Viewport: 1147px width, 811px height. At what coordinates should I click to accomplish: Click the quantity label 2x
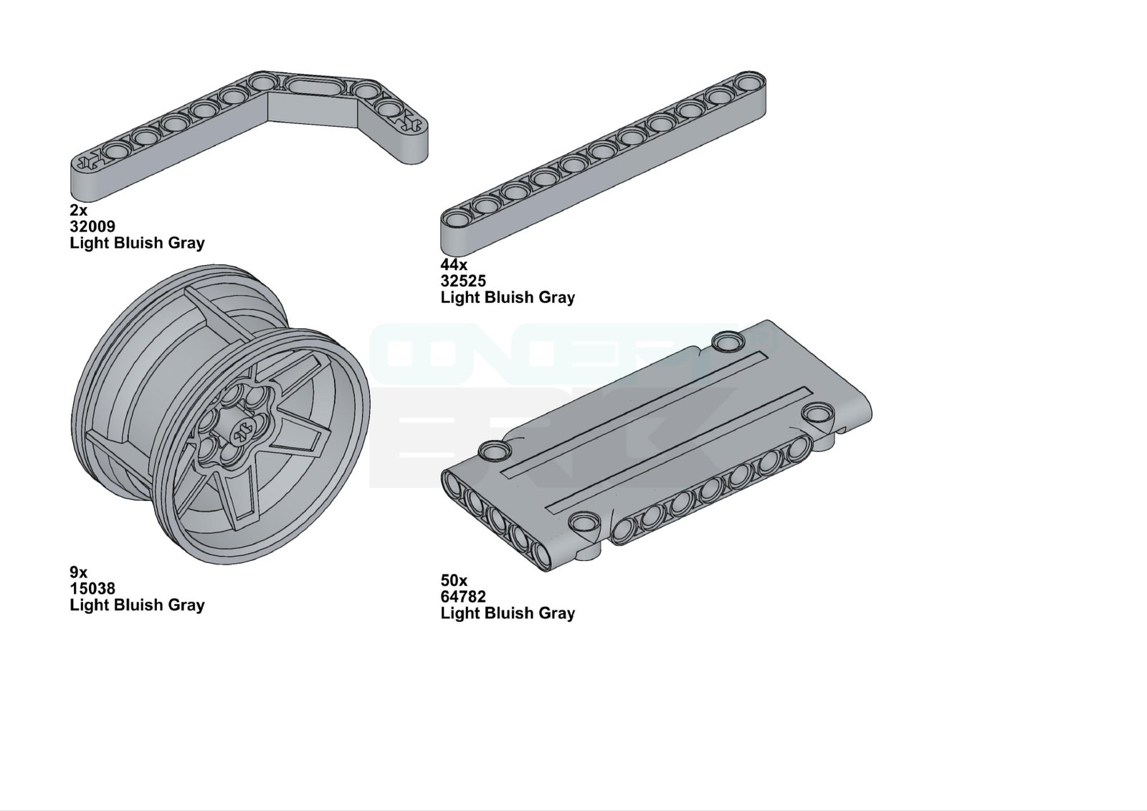click(x=78, y=210)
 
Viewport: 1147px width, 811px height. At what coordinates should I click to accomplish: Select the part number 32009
click(x=92, y=226)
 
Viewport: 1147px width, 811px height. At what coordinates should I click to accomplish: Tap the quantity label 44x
click(x=454, y=264)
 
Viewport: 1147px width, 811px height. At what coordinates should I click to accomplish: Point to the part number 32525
click(x=463, y=281)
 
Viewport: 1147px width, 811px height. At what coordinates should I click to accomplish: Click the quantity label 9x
click(x=78, y=572)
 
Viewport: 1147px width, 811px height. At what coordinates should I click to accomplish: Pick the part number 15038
click(x=92, y=588)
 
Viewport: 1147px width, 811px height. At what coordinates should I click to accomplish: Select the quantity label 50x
click(x=454, y=580)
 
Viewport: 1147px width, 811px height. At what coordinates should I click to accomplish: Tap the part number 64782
click(x=463, y=597)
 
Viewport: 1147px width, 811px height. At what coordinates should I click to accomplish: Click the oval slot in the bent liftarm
click(x=311, y=87)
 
